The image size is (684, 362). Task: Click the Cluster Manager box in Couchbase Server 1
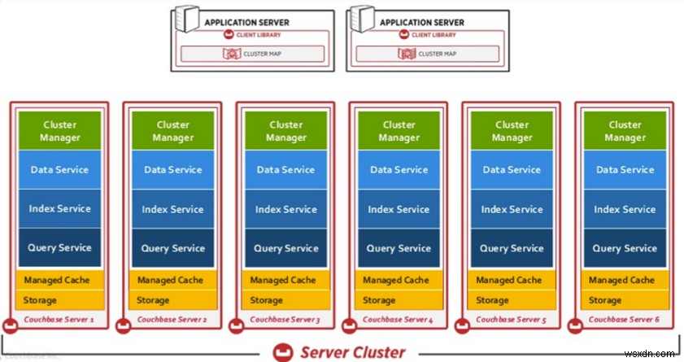59,131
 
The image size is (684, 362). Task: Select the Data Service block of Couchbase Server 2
172,170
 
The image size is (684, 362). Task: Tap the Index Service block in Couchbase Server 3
285,209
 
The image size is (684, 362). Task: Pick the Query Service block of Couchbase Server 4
399,248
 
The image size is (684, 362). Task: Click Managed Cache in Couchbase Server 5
512,280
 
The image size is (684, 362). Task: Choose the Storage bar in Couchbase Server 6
625,300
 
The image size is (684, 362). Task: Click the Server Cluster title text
352,351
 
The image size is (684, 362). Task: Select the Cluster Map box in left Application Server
251,54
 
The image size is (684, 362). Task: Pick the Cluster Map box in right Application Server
427,54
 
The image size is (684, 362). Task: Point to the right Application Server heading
423,22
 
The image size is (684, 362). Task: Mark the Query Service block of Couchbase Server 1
59,248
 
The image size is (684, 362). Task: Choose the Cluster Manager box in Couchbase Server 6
625,131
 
